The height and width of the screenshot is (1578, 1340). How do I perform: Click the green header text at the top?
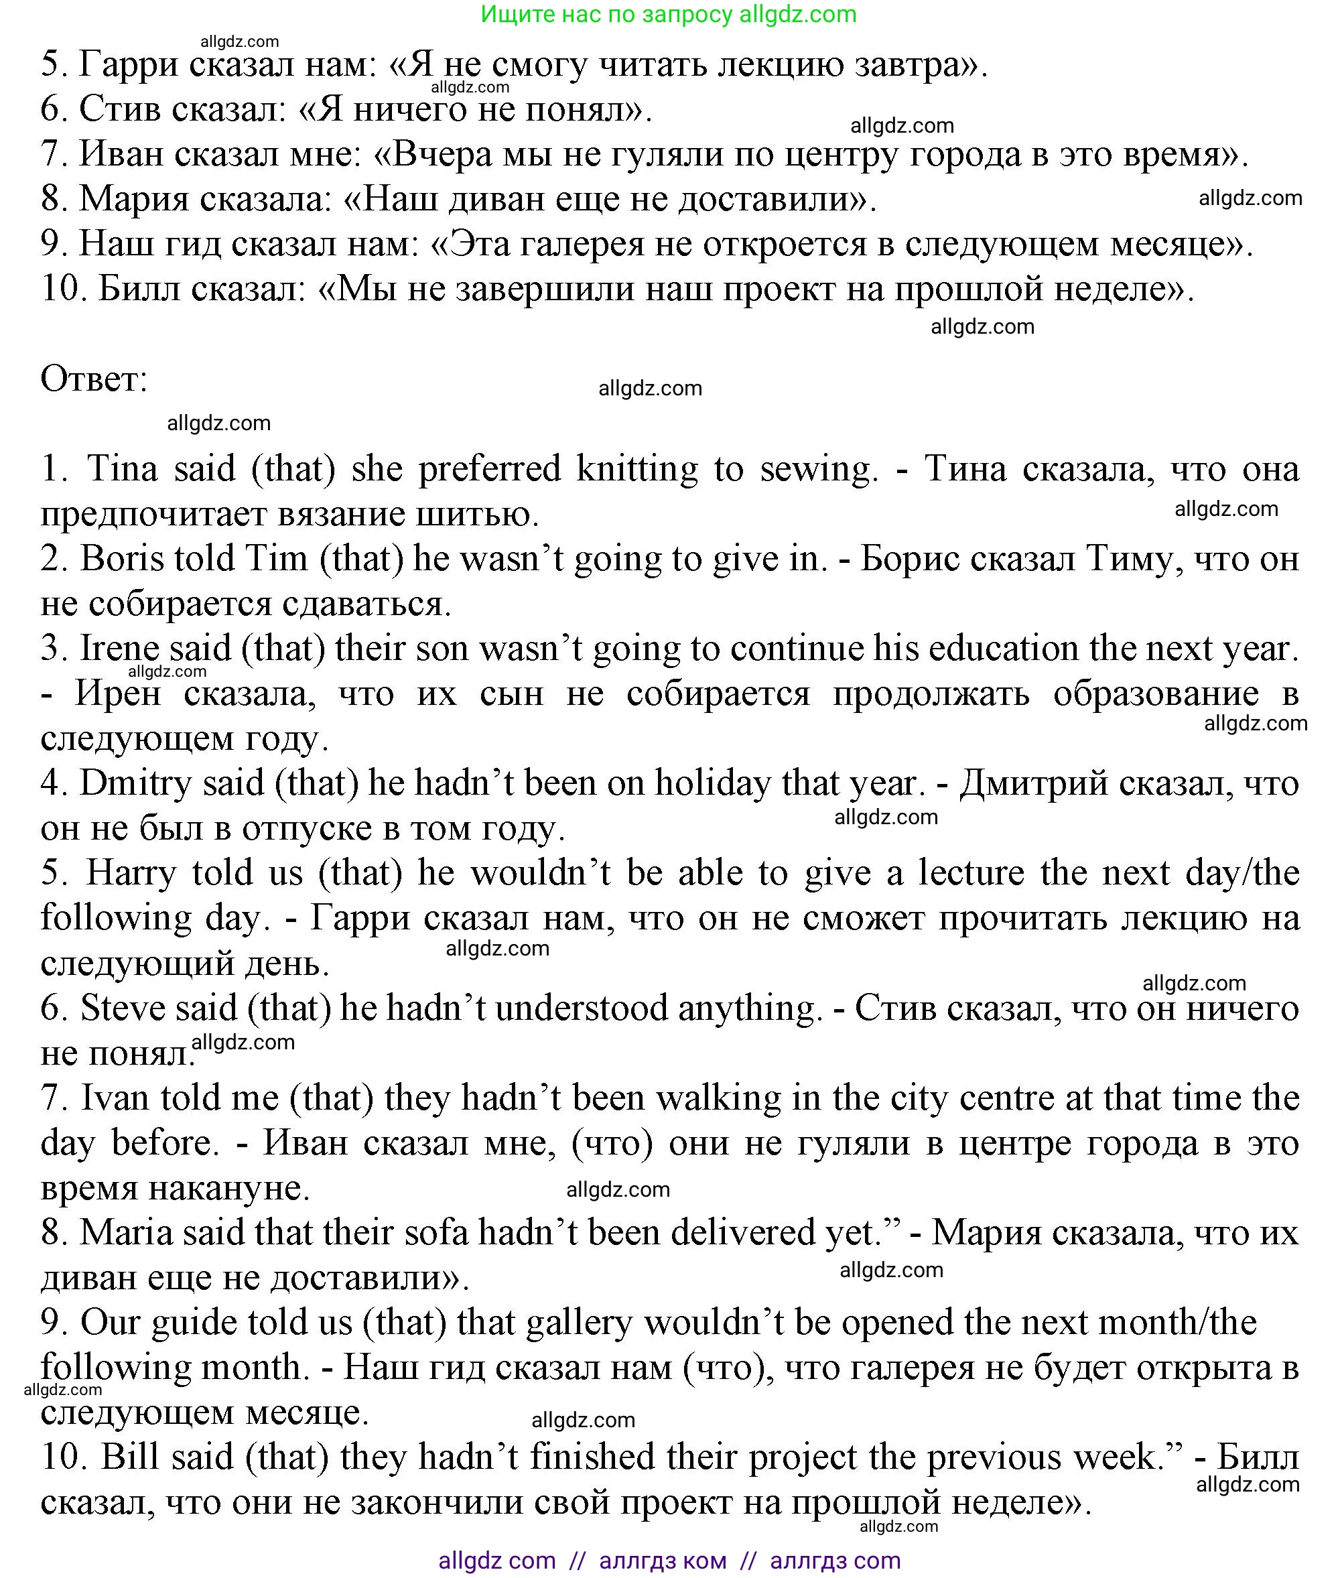point(669,15)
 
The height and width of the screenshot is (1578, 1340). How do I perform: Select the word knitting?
point(636,469)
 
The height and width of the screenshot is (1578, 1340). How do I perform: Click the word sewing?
point(818,469)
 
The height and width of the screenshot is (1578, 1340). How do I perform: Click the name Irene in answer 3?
point(119,649)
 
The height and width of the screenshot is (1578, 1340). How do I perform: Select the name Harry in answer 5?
point(130,873)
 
